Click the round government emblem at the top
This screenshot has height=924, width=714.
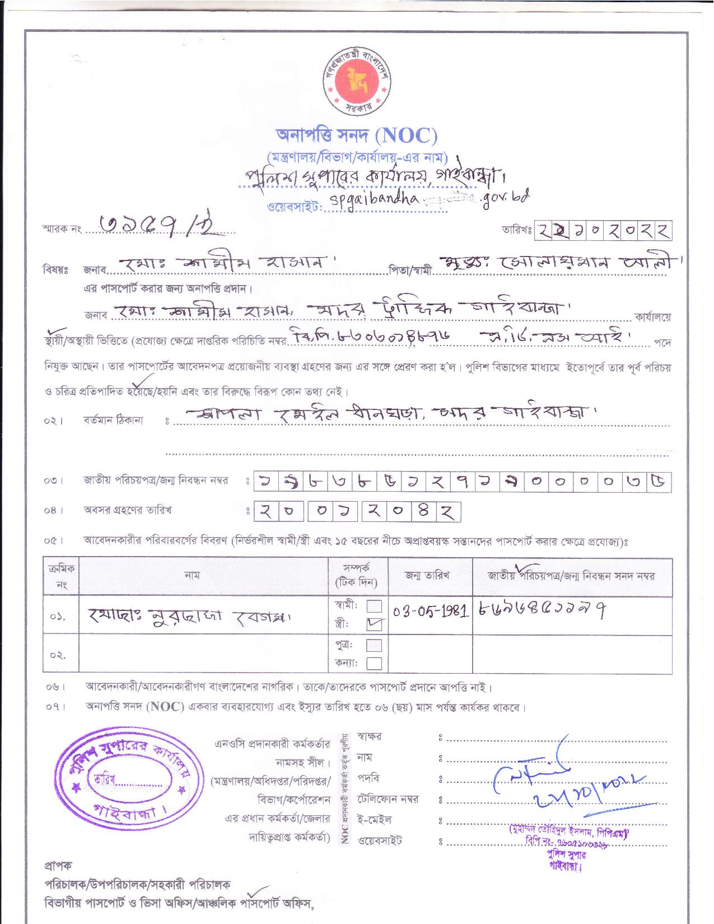point(357,81)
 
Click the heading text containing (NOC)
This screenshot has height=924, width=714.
point(357,136)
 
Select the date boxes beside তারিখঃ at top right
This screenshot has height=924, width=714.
point(603,230)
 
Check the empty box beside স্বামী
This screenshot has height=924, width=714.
point(374,606)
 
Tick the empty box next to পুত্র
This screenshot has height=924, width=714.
point(374,645)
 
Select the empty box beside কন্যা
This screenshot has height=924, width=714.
point(374,664)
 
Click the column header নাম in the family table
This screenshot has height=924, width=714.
point(192,575)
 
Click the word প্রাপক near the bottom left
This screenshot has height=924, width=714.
point(58,866)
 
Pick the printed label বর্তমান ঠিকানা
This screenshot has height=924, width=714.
point(113,420)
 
